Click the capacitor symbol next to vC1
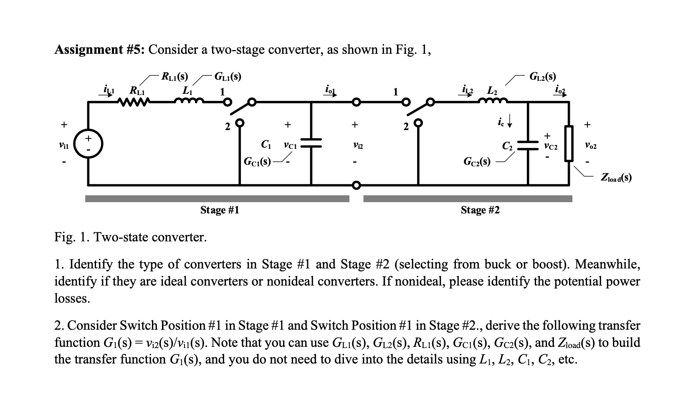[x=311, y=143]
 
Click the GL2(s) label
[x=542, y=76]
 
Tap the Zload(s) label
[x=616, y=178]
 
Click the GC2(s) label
[x=477, y=161]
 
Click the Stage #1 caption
[x=220, y=210]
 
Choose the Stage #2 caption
[x=480, y=210]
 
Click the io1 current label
[x=330, y=90]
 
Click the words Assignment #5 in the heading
[x=100, y=50]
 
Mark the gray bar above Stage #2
[x=468, y=199]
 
